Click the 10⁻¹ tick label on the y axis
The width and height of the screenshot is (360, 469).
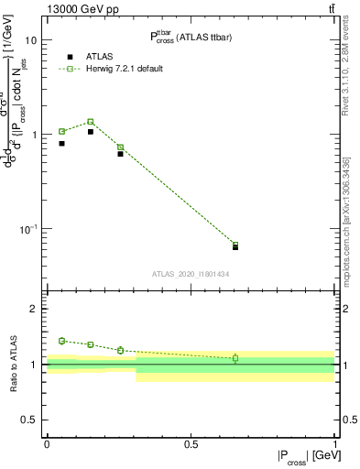(28, 228)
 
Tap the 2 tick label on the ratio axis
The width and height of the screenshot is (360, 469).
(35, 309)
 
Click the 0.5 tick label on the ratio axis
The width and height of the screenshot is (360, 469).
(30, 420)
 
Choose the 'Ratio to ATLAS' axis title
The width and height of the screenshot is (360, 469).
(12, 364)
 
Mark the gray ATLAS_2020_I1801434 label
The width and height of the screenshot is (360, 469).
(191, 274)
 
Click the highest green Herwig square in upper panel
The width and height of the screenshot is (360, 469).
(91, 121)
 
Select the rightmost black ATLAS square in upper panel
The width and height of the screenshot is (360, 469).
(235, 247)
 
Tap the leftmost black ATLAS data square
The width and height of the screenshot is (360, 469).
(61, 143)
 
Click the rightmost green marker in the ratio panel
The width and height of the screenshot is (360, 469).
(235, 358)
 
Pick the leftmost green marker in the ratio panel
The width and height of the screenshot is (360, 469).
(61, 341)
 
